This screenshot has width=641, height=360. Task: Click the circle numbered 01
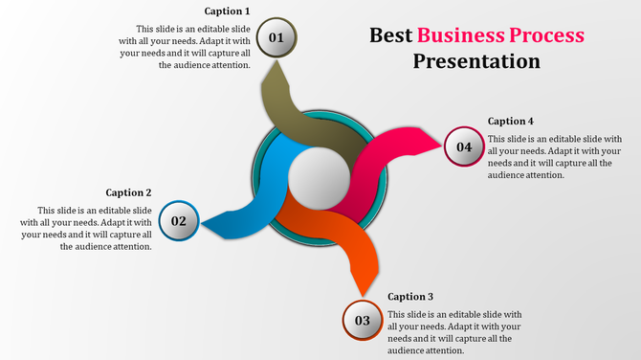[x=277, y=38]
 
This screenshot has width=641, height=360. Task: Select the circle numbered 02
[x=179, y=221]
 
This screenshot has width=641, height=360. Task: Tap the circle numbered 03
[x=363, y=321]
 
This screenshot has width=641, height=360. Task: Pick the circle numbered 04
[x=464, y=146]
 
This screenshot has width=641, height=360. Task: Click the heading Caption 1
[x=227, y=11]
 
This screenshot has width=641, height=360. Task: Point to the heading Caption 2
[x=128, y=192]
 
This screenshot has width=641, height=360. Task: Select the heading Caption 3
[x=410, y=297]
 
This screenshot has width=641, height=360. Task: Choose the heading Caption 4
[x=511, y=122]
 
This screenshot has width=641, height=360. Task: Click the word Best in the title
[x=390, y=36]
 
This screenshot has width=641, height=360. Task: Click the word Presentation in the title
[x=476, y=62]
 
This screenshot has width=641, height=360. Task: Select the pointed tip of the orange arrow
[x=362, y=294]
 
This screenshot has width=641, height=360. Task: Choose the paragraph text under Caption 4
[x=555, y=157]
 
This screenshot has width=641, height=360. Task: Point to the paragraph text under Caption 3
[x=454, y=332]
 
